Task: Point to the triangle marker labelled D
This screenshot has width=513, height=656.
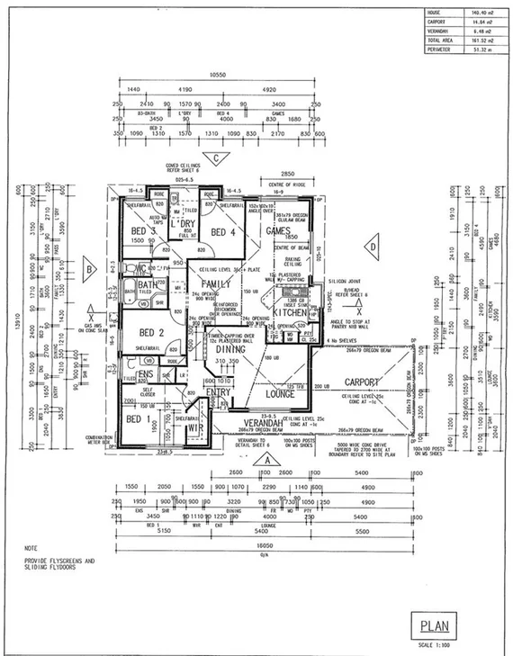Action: coord(369,245)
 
